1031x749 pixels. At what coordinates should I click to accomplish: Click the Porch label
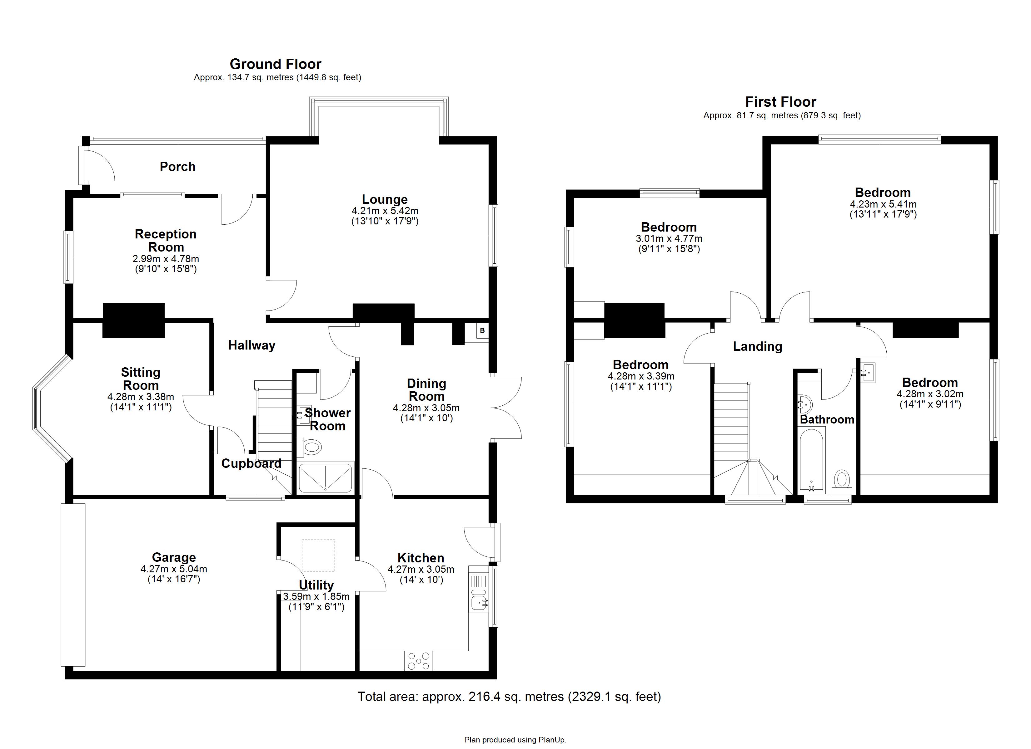177,167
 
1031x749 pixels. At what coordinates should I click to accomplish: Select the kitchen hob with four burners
418,661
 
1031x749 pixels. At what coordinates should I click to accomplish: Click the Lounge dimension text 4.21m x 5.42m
385,211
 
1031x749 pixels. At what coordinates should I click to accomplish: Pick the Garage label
174,557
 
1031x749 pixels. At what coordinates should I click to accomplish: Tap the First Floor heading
780,102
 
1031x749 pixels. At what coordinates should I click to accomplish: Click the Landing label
757,346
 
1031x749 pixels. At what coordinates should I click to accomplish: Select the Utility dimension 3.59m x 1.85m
316,596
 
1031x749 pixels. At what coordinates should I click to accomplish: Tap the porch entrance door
98,165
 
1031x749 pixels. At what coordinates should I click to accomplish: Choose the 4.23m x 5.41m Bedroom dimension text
883,204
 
